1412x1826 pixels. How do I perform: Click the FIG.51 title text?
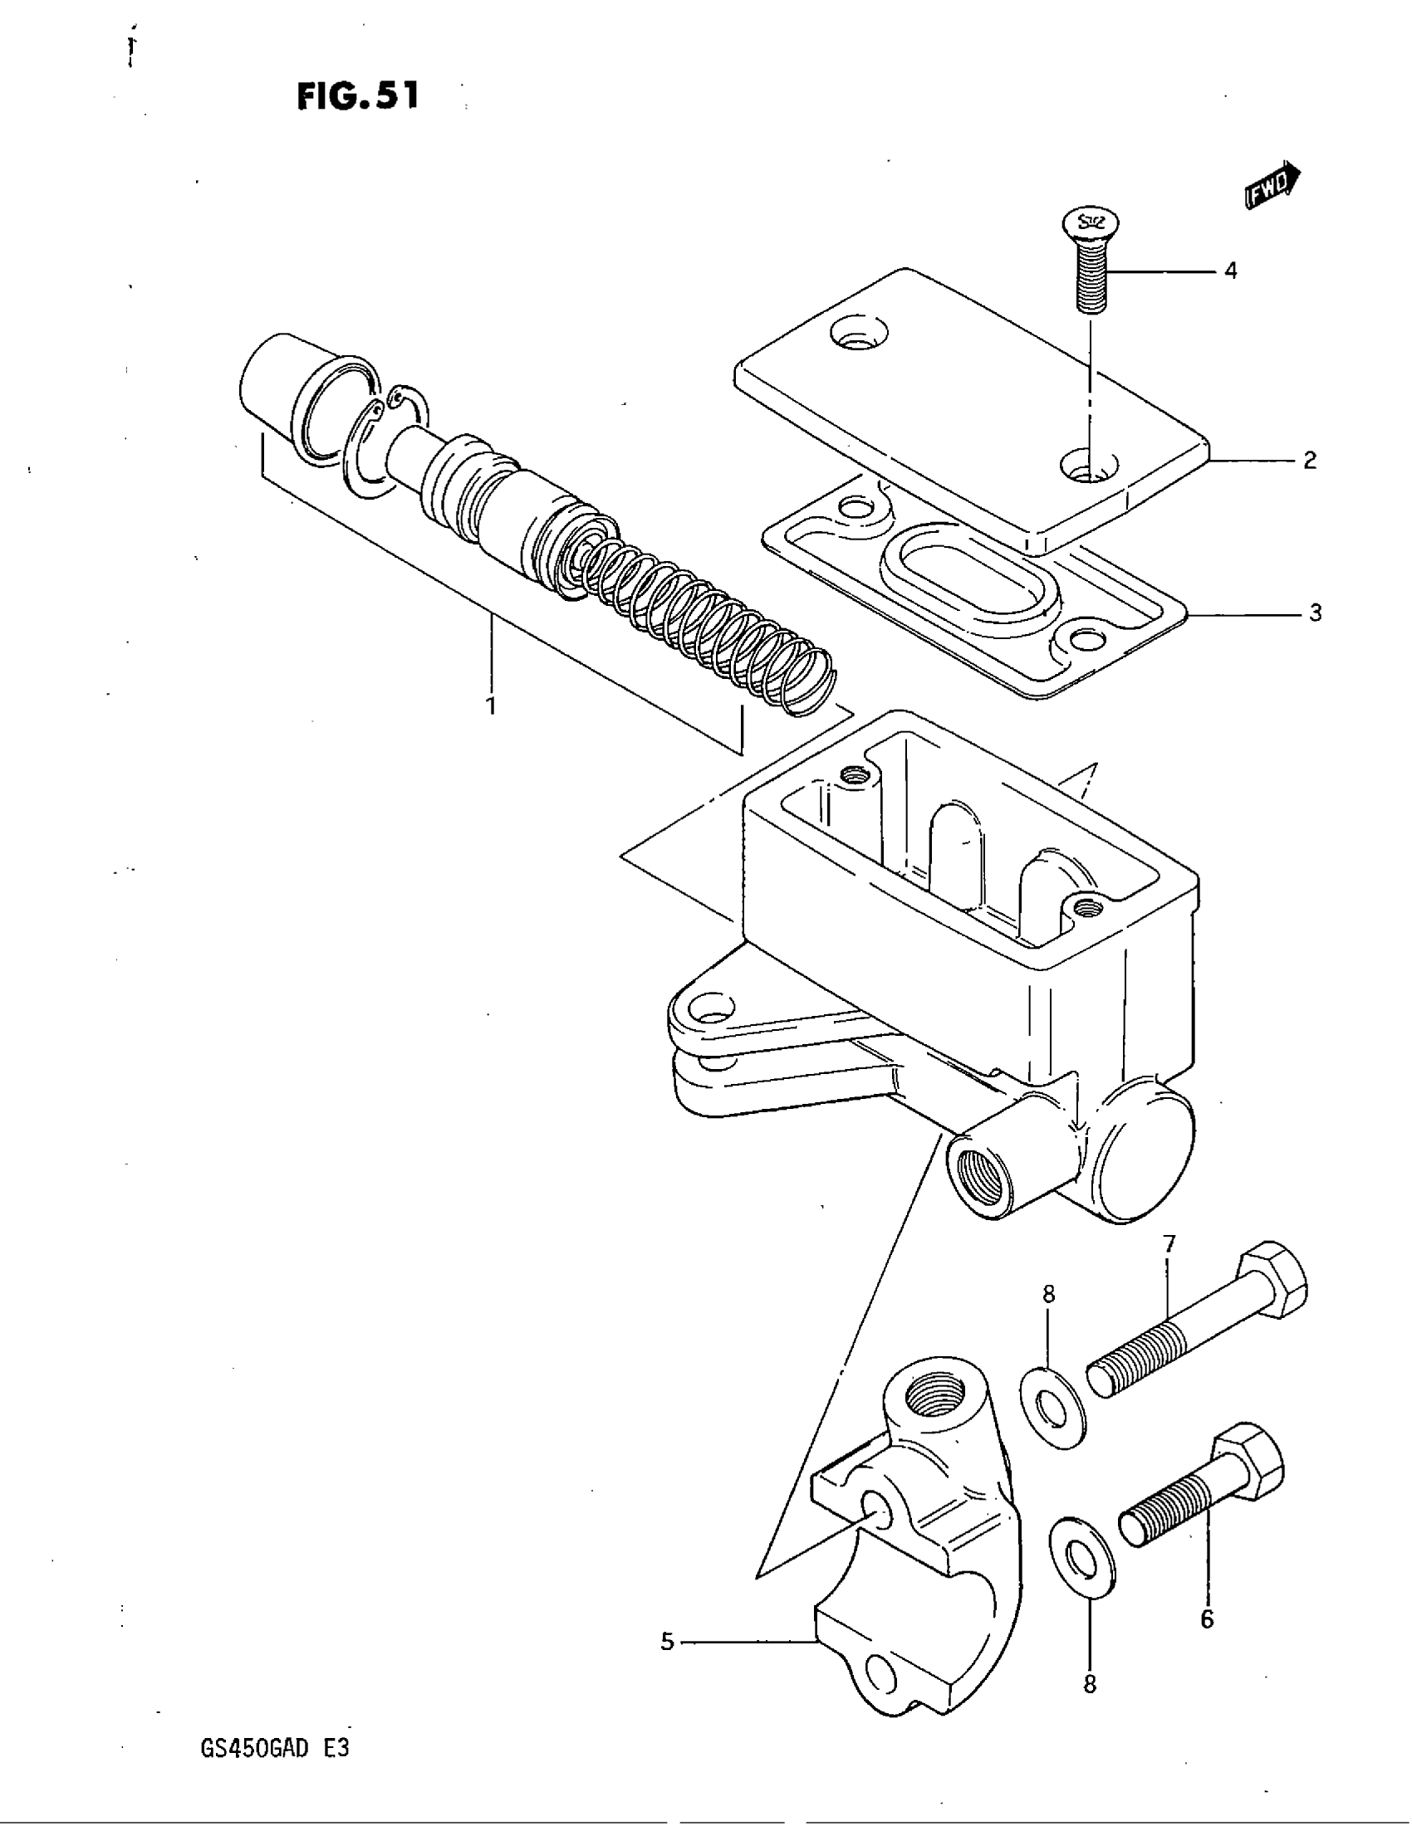click(357, 96)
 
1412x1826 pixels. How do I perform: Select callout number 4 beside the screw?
click(1230, 271)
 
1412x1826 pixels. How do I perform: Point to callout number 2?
click(1310, 460)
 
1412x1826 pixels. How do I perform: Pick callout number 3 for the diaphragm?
click(1315, 613)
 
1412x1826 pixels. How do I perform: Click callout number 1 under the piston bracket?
click(491, 705)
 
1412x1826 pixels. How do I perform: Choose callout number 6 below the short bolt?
click(1207, 1619)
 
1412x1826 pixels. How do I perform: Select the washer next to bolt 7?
click(1053, 1409)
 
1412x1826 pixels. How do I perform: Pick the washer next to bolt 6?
click(1081, 1556)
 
